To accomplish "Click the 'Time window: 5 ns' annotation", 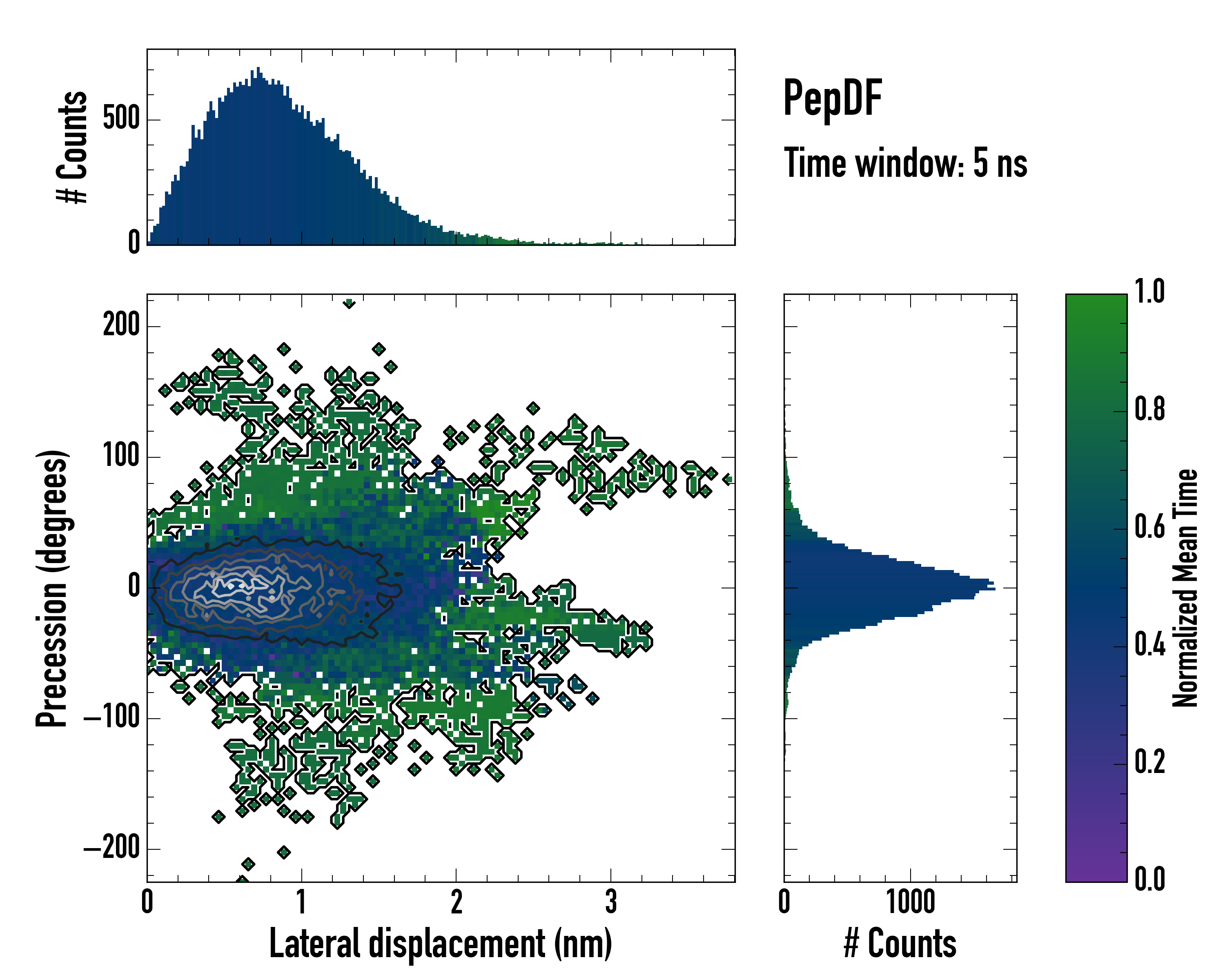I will (x=905, y=163).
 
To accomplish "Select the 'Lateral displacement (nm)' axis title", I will (x=440, y=944).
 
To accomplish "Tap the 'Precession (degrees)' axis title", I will (x=52, y=588).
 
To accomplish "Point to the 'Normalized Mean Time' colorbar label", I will (x=1185, y=588).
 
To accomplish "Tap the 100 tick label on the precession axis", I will (x=121, y=456).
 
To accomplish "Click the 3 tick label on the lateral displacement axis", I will (x=611, y=902).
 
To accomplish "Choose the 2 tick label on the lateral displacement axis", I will (x=456, y=902).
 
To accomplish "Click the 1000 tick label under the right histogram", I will (x=911, y=902).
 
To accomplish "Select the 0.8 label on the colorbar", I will (x=1149, y=409).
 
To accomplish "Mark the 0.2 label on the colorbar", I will (x=1149, y=762).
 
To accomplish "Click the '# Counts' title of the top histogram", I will (x=73, y=147).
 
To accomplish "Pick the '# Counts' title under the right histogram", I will (x=900, y=944).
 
